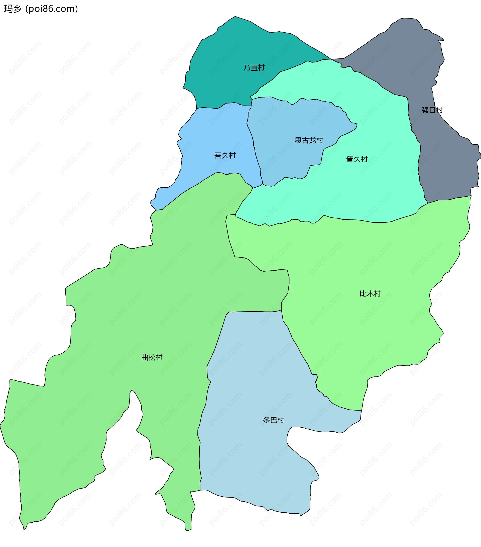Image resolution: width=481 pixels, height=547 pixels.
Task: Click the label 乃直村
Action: (x=254, y=68)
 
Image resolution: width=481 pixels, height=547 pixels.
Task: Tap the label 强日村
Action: (x=432, y=110)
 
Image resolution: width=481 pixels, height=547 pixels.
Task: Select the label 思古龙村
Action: (x=309, y=140)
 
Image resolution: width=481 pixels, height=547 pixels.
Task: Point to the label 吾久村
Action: (x=225, y=155)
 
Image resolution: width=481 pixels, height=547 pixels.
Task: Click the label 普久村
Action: (x=357, y=159)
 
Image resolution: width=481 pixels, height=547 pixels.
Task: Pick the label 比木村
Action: (x=370, y=294)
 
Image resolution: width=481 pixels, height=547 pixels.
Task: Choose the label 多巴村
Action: (x=273, y=420)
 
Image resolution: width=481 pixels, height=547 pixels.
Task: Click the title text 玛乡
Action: (x=13, y=9)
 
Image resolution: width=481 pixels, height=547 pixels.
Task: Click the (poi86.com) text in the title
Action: (x=52, y=9)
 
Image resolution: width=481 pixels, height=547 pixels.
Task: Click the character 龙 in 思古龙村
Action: (x=312, y=140)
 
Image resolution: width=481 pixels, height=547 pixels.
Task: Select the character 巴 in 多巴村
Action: (x=273, y=420)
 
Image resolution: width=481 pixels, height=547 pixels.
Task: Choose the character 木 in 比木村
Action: (x=370, y=294)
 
